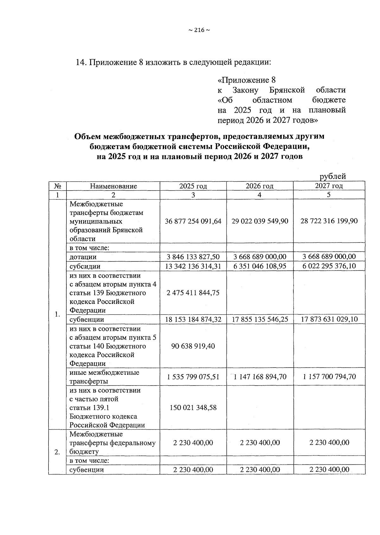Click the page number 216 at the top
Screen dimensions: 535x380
(x=199, y=30)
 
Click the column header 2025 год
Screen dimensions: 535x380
(x=193, y=186)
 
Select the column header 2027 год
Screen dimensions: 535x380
(x=329, y=186)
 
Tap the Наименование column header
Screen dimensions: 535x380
(x=113, y=186)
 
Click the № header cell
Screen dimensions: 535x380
(x=57, y=186)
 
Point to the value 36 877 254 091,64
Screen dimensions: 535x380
(x=193, y=221)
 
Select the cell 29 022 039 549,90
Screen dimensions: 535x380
(x=260, y=221)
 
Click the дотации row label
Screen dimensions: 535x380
(x=83, y=257)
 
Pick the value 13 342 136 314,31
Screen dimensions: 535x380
(x=193, y=266)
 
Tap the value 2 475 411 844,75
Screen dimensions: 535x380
(x=193, y=293)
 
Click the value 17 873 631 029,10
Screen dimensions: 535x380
(x=329, y=319)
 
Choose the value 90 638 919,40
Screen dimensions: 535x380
(x=193, y=346)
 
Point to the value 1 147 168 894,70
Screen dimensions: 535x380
(x=260, y=377)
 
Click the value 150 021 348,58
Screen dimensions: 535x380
(x=193, y=408)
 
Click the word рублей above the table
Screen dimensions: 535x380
(x=332, y=176)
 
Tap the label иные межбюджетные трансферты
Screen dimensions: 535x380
(x=104, y=377)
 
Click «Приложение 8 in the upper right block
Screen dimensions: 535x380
(x=247, y=80)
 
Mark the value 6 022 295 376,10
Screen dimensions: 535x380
(x=329, y=266)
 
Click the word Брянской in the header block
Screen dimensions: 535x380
(x=287, y=90)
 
